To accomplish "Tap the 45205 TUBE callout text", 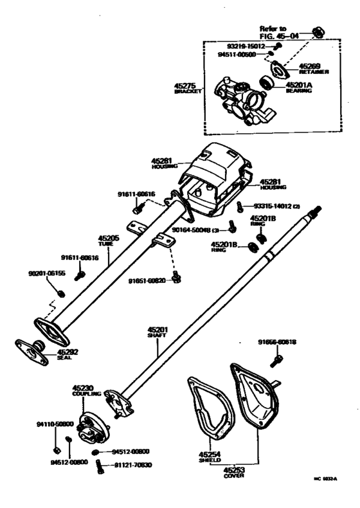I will (108, 239).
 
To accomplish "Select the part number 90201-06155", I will (46, 273).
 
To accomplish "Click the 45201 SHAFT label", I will (158, 332).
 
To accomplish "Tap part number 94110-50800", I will (55, 424).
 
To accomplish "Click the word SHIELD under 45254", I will (209, 461).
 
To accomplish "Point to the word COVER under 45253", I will (233, 477).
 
